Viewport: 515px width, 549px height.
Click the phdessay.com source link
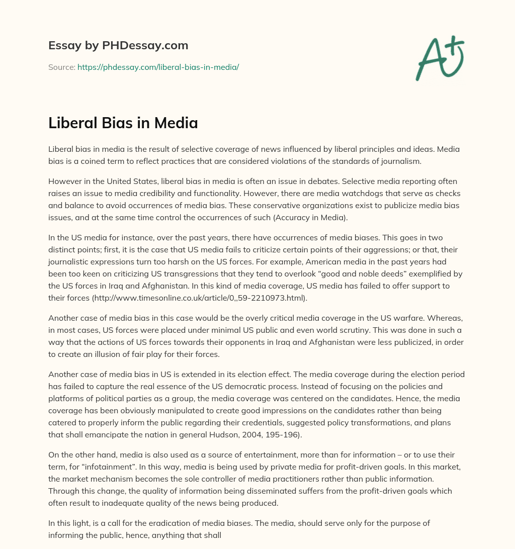pyautogui.click(x=158, y=67)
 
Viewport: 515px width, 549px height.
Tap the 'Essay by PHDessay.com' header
pyautogui.click(x=118, y=46)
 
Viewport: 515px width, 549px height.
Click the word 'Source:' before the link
pyautogui.click(x=62, y=67)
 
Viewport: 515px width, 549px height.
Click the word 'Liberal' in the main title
pyautogui.click(x=74, y=123)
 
